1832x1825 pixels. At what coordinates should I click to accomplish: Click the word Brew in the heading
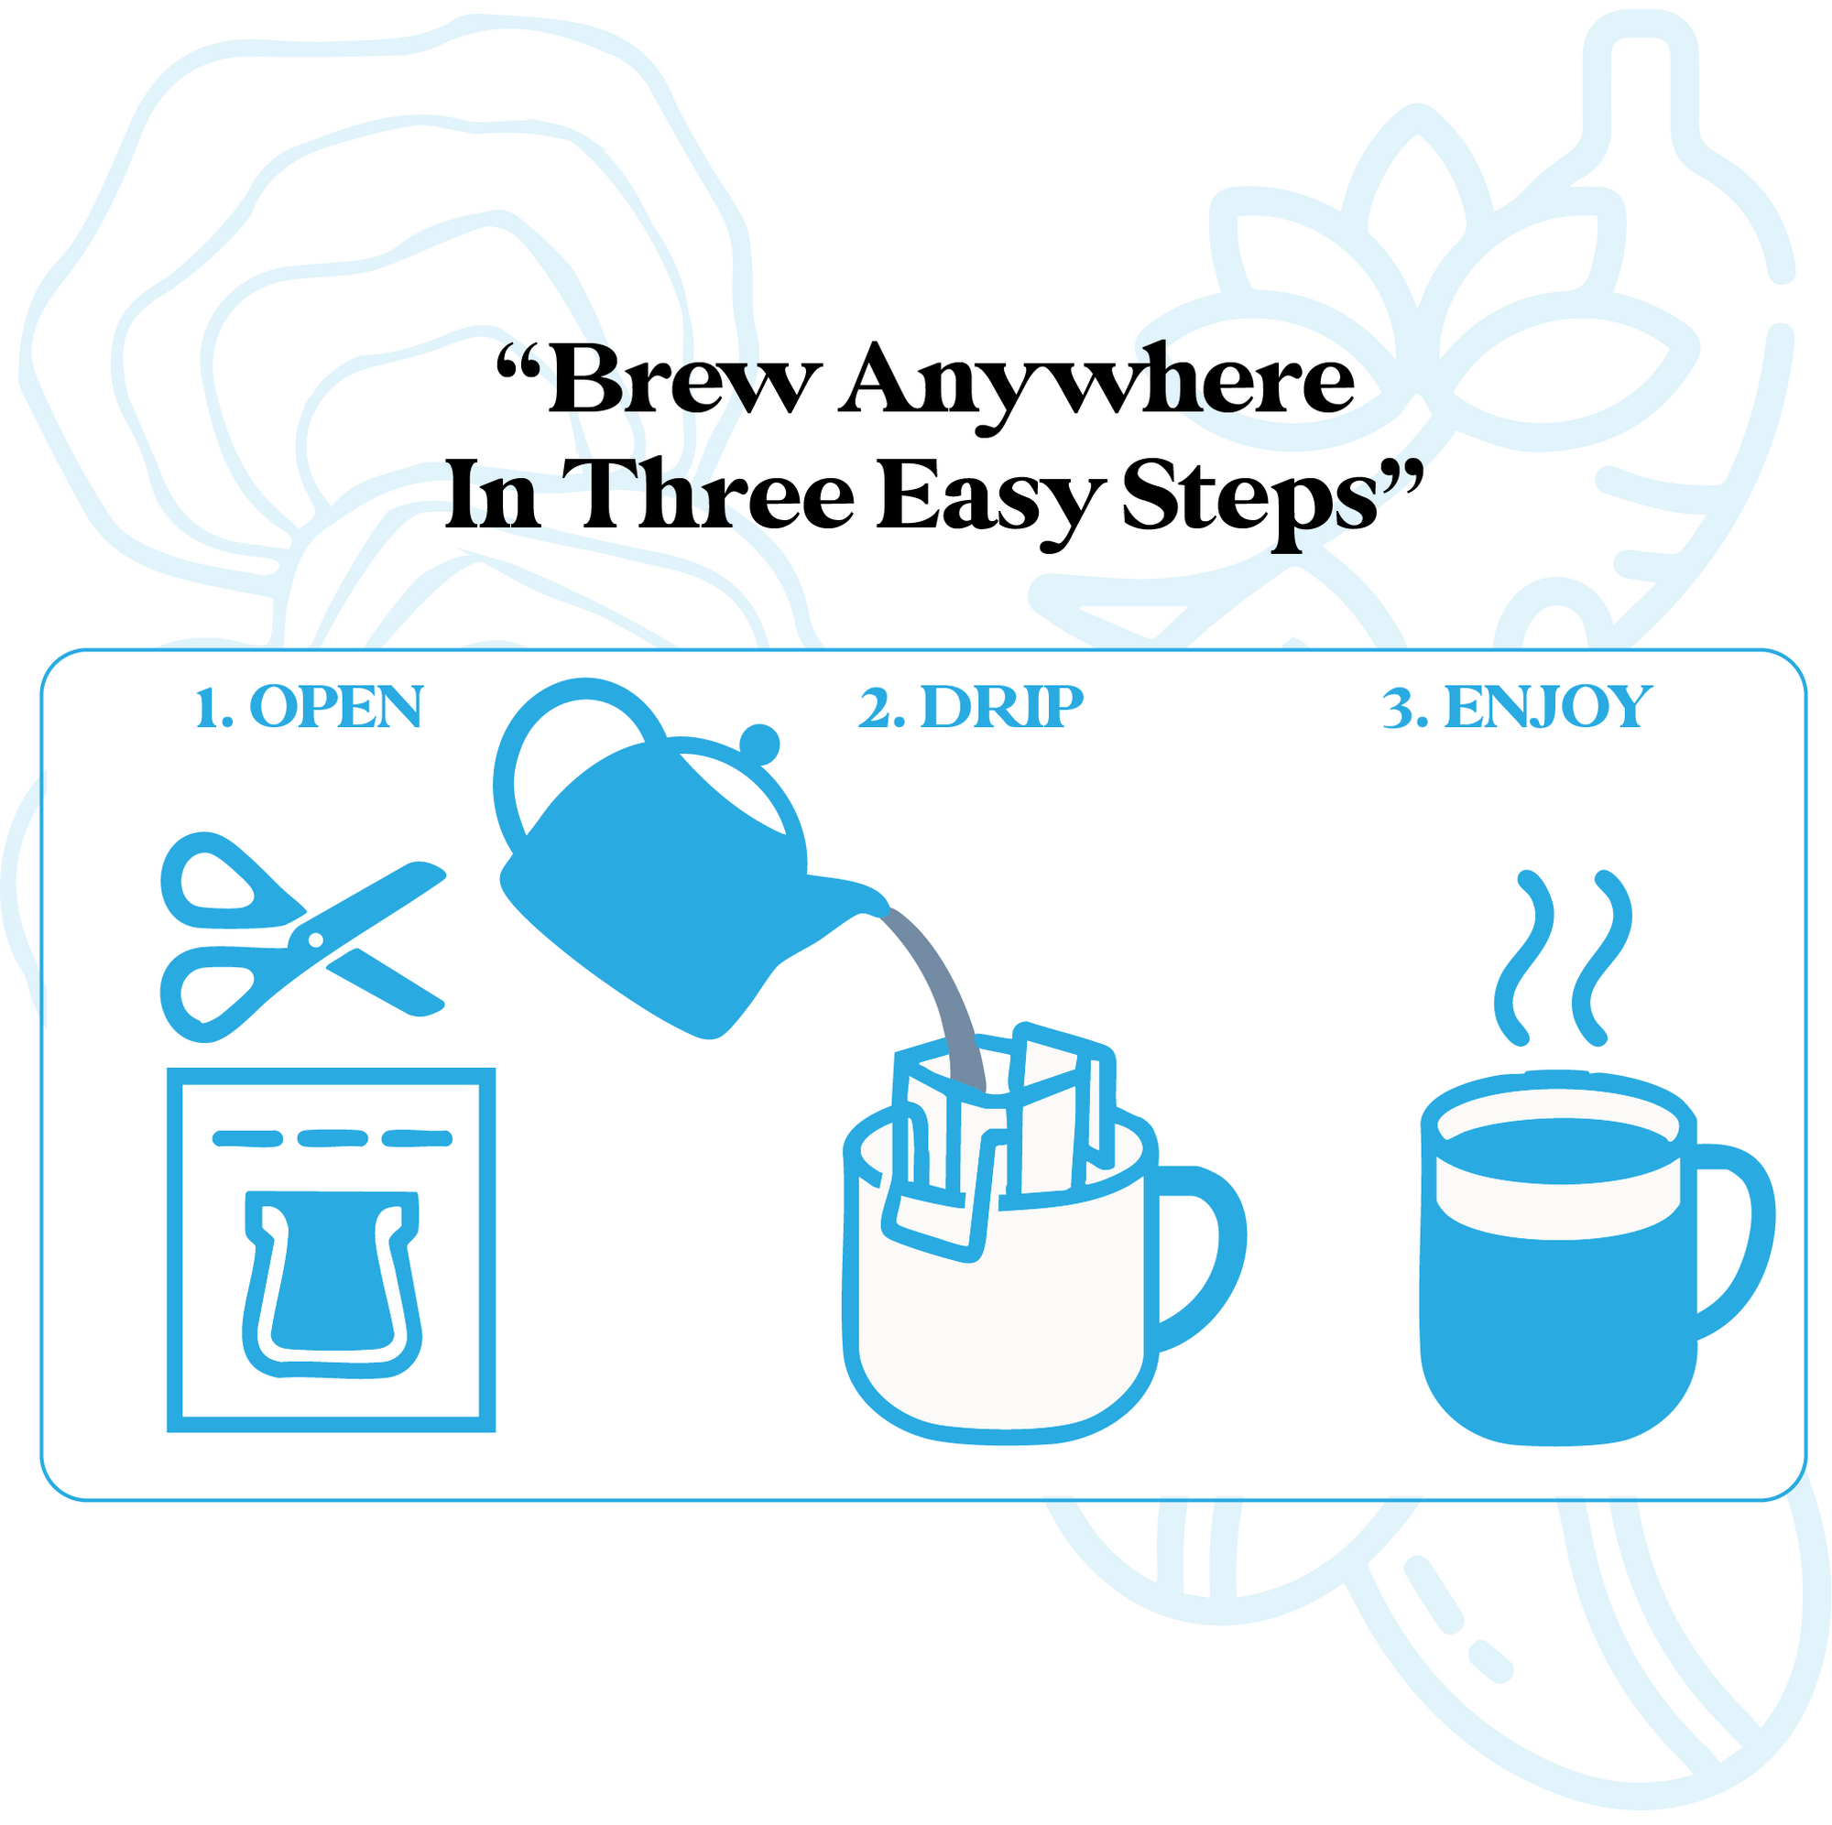(682, 379)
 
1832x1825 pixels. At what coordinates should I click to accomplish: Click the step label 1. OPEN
(308, 707)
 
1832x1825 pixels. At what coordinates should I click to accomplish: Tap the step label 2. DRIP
(971, 707)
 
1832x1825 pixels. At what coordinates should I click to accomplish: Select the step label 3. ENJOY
(1517, 708)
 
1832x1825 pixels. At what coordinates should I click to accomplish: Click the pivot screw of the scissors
(316, 940)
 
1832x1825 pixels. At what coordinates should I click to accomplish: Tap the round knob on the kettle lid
(759, 744)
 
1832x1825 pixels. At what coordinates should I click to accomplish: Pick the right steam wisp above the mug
(1602, 958)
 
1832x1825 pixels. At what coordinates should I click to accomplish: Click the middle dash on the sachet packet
(333, 1137)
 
